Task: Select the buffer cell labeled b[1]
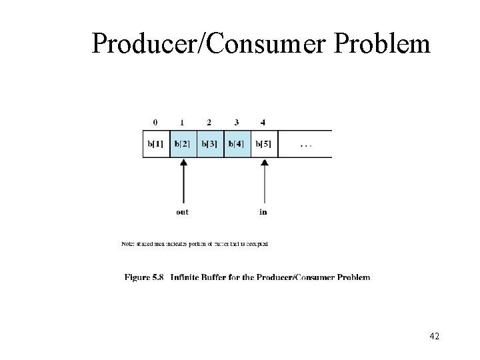click(156, 143)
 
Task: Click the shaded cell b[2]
click(183, 143)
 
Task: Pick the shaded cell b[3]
click(211, 143)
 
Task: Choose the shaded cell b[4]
click(237, 143)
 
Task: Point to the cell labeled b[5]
click(265, 143)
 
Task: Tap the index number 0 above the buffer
click(155, 122)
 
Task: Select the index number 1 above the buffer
click(182, 122)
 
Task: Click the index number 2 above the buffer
click(209, 122)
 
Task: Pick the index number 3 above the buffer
click(236, 122)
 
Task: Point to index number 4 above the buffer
click(263, 122)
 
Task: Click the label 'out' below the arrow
click(183, 212)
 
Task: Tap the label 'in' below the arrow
click(264, 212)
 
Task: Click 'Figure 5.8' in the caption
click(144, 277)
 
